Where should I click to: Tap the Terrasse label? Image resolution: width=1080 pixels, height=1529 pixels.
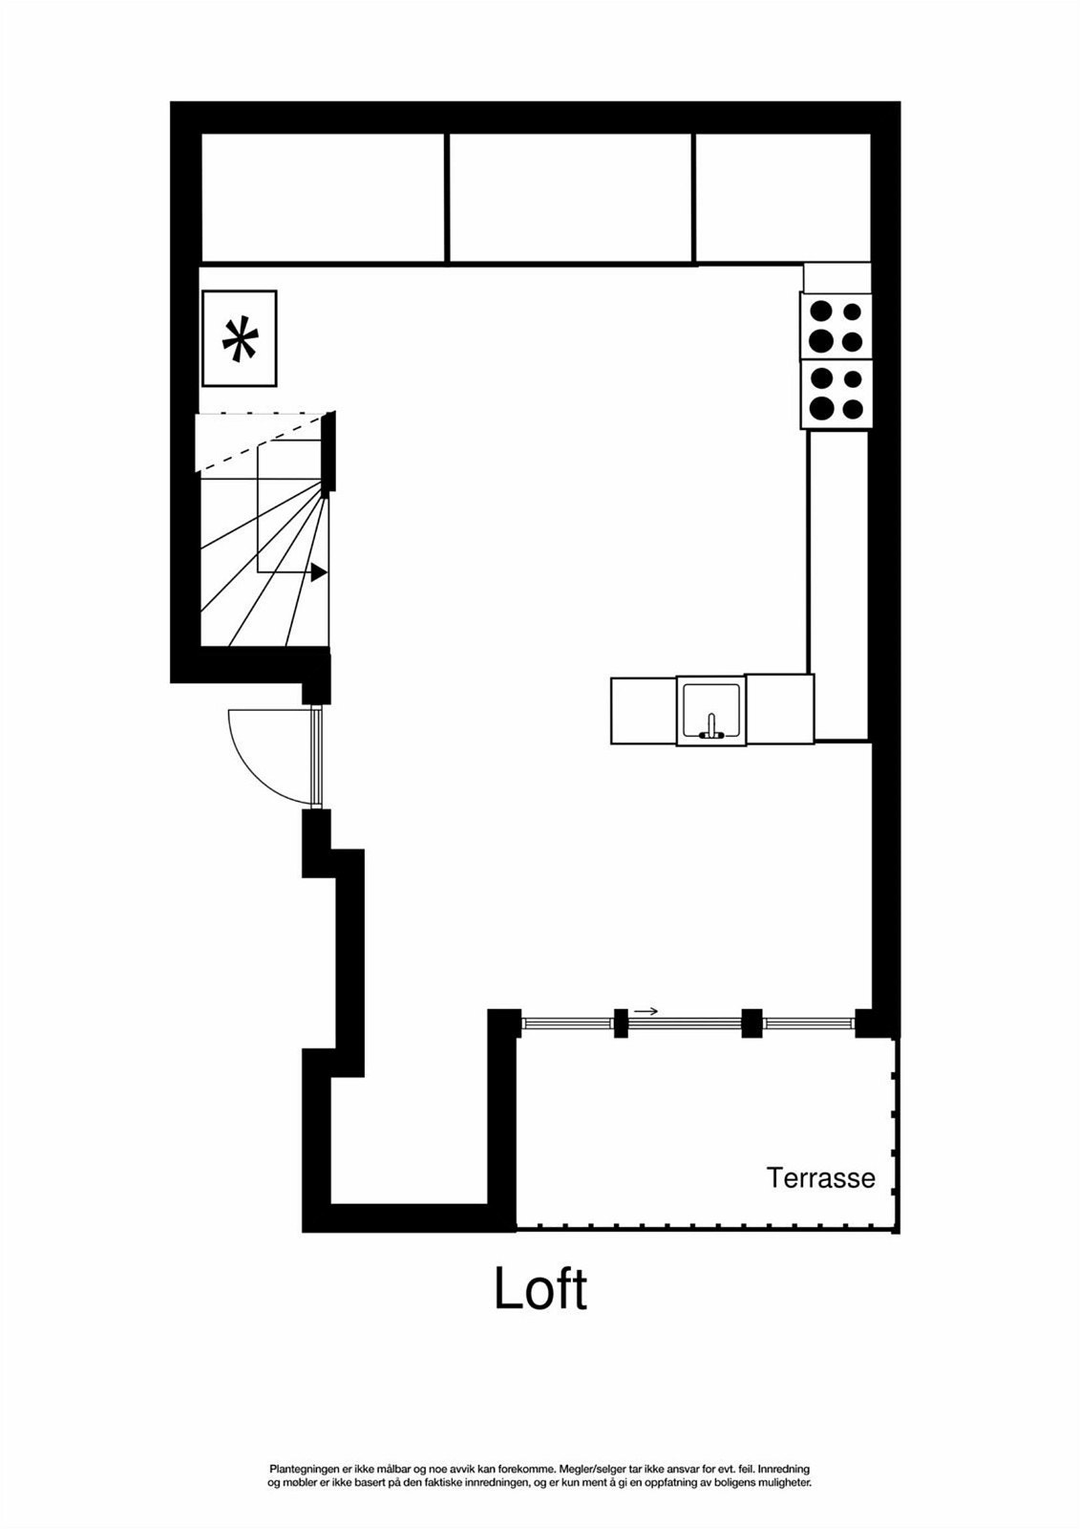click(x=820, y=1177)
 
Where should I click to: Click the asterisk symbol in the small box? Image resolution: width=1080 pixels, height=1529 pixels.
click(x=240, y=340)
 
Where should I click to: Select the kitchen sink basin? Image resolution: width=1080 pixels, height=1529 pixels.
click(x=710, y=708)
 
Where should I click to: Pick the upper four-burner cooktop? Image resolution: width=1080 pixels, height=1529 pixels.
click(x=836, y=326)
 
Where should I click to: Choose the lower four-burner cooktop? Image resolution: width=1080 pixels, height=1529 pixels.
click(x=836, y=395)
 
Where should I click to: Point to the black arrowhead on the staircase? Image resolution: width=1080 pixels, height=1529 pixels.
click(x=319, y=572)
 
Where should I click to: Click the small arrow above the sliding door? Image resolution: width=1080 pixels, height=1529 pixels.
click(x=646, y=1011)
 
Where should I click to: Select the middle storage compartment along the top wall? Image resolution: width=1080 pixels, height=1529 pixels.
click(x=570, y=197)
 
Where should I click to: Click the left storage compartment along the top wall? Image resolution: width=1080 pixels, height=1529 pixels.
click(x=323, y=197)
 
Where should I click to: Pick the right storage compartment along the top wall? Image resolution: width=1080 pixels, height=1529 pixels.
click(x=782, y=197)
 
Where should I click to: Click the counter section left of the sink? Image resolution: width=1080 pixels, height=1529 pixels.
click(x=643, y=710)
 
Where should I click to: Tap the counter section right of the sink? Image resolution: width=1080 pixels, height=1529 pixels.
click(x=779, y=708)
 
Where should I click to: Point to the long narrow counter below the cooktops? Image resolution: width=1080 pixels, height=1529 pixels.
click(x=837, y=585)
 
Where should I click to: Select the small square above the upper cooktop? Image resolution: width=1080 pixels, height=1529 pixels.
click(x=836, y=277)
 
